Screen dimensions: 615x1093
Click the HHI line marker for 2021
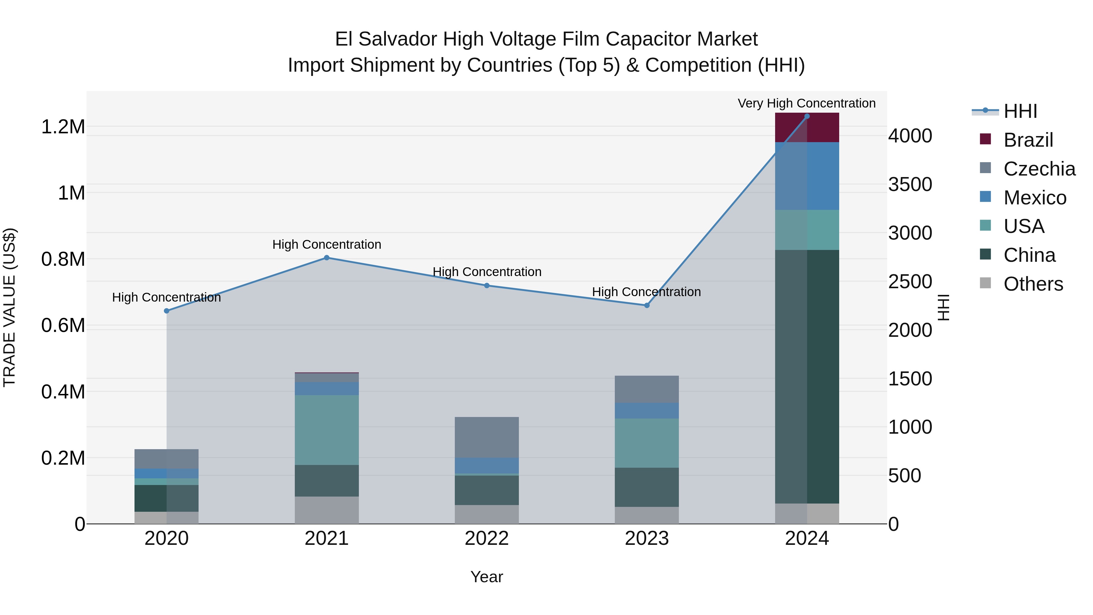click(327, 258)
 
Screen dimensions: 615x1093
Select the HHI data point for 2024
click(807, 116)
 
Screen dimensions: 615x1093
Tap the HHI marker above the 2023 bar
click(647, 305)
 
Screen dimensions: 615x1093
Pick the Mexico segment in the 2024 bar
click(807, 176)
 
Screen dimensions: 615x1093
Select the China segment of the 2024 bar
click(807, 377)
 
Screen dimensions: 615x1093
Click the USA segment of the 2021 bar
click(327, 430)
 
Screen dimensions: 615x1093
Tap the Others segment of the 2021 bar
click(327, 510)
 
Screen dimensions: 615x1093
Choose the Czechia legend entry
click(1039, 169)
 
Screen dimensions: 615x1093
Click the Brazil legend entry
click(1028, 140)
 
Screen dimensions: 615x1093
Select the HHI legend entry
click(1020, 111)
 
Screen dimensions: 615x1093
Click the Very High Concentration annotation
click(807, 104)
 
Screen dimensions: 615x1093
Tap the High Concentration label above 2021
click(327, 244)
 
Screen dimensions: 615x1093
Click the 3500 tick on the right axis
click(910, 185)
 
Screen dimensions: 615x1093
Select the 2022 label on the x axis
click(487, 538)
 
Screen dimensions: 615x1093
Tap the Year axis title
click(487, 577)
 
